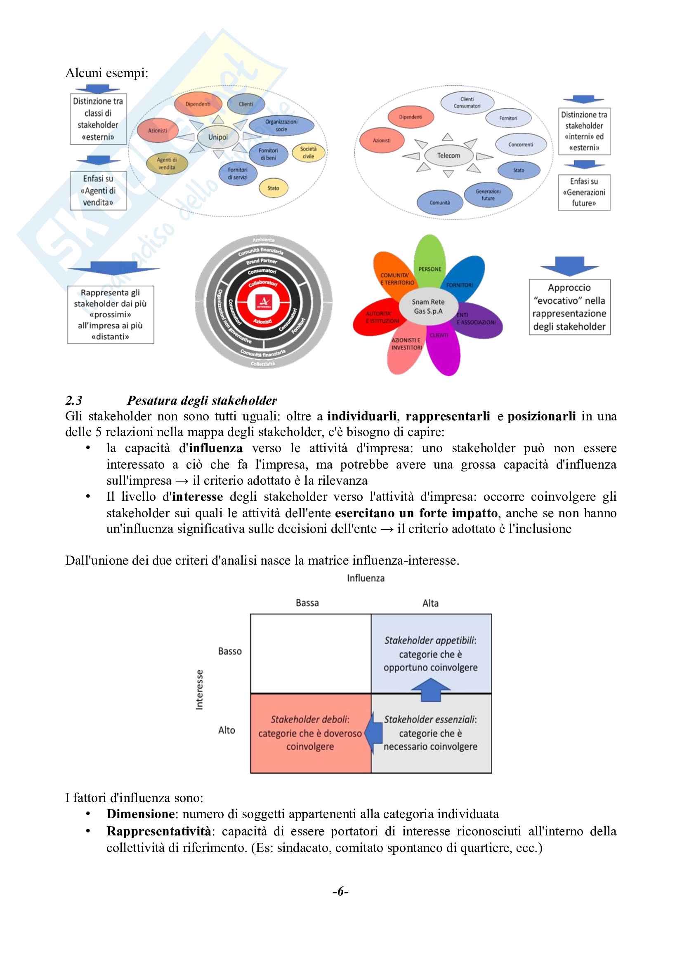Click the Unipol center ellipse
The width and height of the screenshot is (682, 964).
click(x=218, y=137)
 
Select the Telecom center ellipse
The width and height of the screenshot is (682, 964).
click(x=448, y=155)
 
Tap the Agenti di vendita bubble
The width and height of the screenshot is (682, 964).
click(x=167, y=164)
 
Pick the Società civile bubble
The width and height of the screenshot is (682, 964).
click(x=308, y=152)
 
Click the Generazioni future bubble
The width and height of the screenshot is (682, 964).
click(x=488, y=195)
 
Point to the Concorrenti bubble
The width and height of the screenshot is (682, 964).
click(x=521, y=144)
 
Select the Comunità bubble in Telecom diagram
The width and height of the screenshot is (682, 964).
click(x=439, y=202)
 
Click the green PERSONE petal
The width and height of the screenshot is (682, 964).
click(x=429, y=258)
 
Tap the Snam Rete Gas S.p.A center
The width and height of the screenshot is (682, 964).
click(x=428, y=307)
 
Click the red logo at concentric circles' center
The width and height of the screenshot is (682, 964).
click(x=264, y=302)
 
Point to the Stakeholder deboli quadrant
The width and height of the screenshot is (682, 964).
click(x=310, y=733)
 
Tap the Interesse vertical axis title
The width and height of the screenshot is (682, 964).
click(x=199, y=690)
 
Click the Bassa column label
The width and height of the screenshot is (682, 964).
click(x=307, y=603)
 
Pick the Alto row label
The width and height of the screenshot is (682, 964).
click(x=227, y=730)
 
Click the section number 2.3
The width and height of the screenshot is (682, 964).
click(x=74, y=400)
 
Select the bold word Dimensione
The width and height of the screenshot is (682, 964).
click(x=140, y=814)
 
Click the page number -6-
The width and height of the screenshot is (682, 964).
click(x=340, y=891)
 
